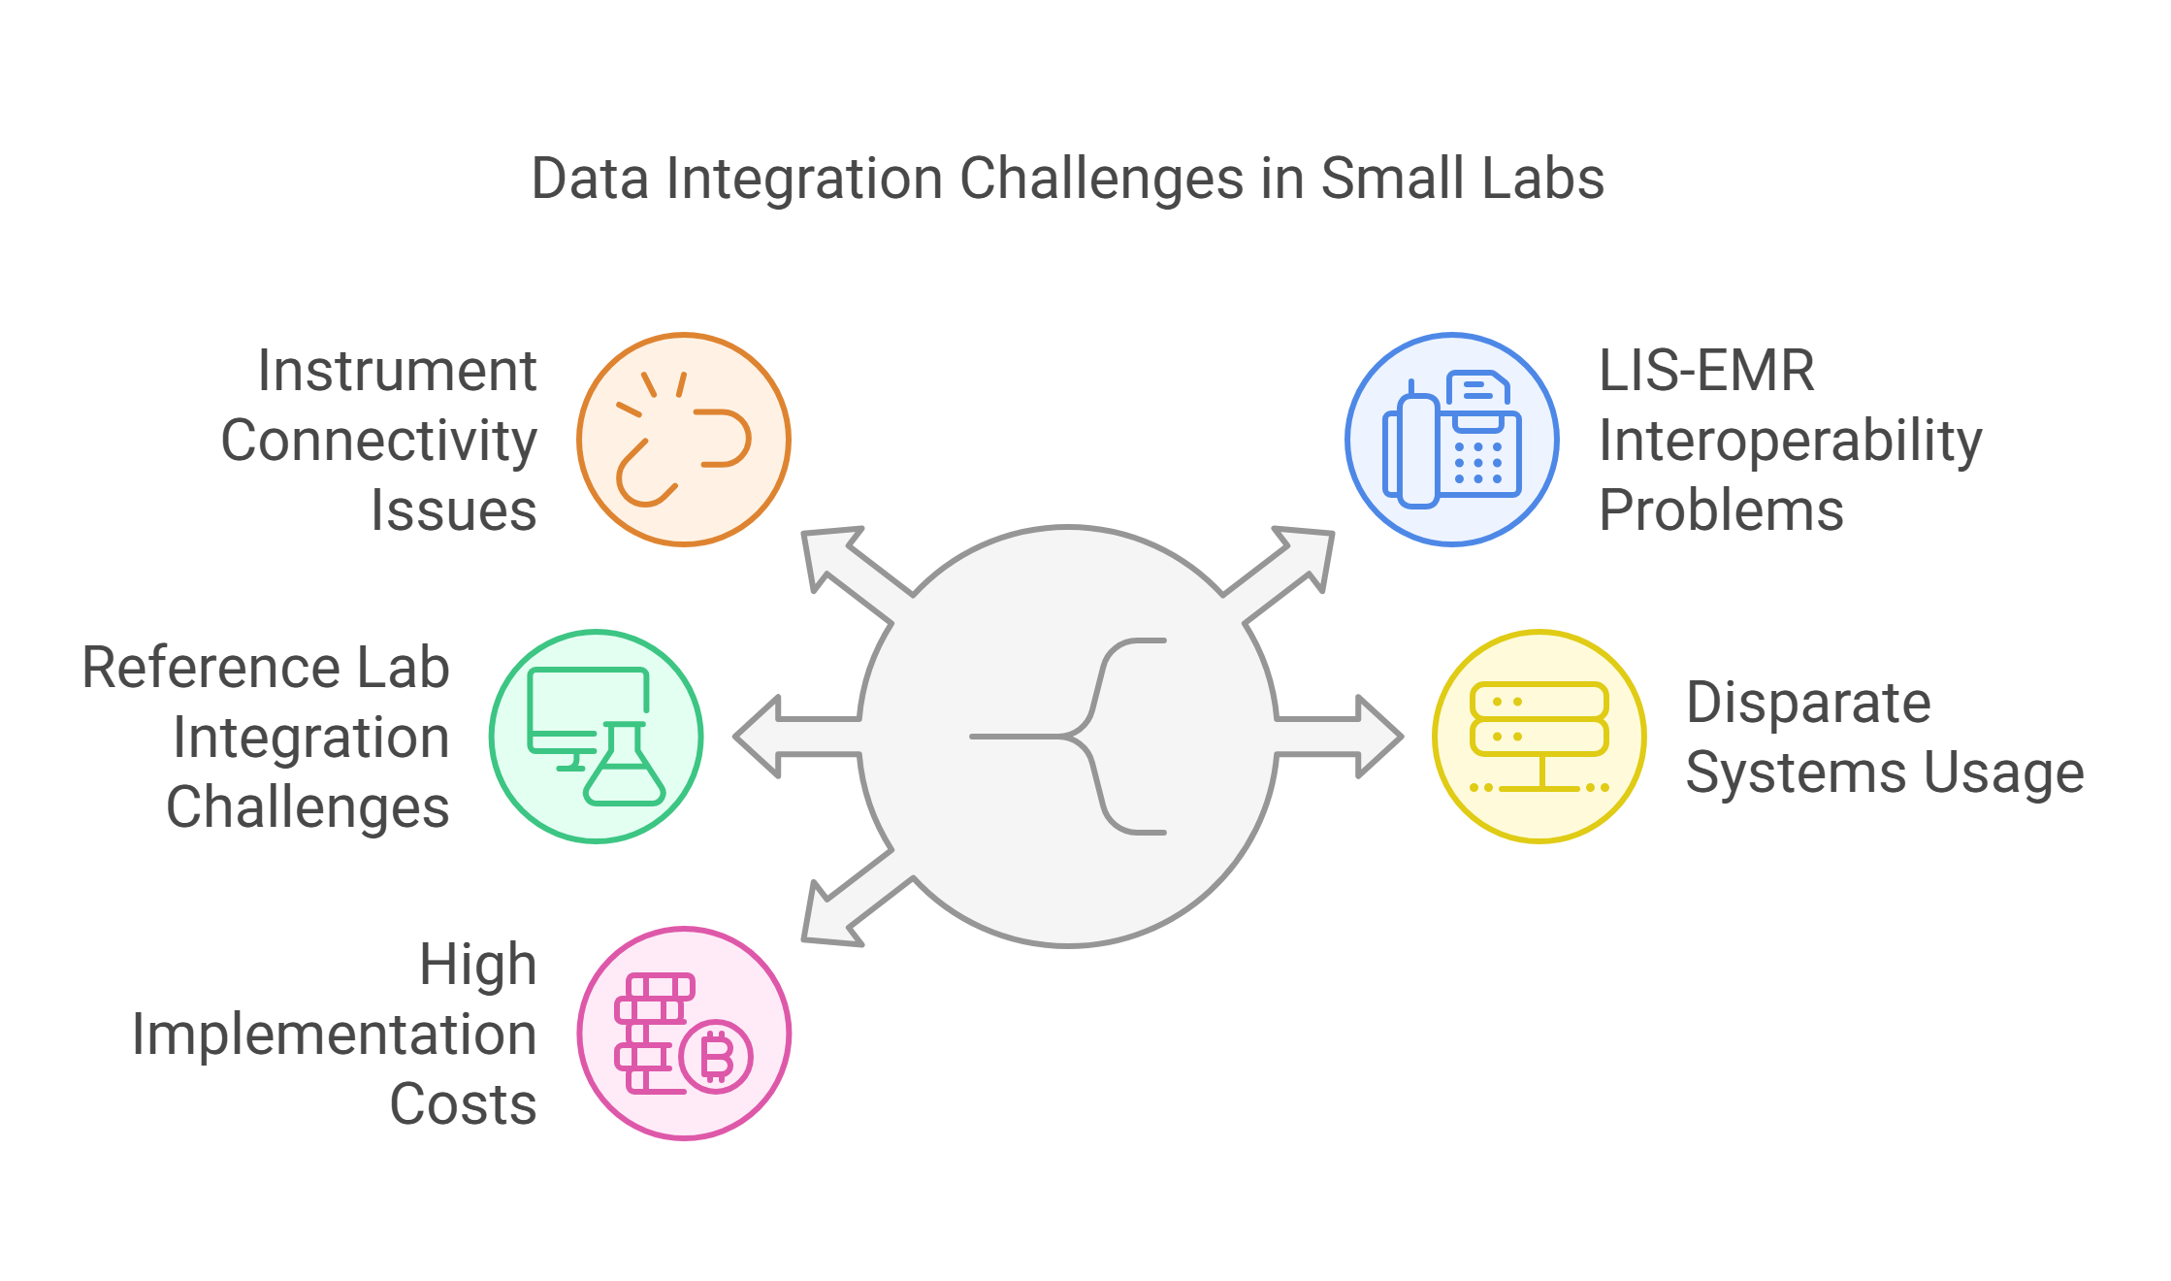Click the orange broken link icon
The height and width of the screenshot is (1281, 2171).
[x=684, y=440]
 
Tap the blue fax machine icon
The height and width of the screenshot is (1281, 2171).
[x=1452, y=440]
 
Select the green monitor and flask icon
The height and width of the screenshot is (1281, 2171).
[x=596, y=737]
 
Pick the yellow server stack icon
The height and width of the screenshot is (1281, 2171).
[x=1539, y=737]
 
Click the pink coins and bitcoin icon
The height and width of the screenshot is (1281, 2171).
[x=684, y=1034]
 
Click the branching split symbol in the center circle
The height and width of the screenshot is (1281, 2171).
[x=1077, y=737]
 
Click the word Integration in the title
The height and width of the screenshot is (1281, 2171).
[x=804, y=180]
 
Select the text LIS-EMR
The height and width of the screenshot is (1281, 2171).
[x=1706, y=371]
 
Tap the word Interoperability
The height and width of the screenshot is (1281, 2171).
[x=1790, y=442]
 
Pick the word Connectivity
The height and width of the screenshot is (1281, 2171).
[x=378, y=442]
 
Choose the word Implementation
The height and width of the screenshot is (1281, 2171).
[x=334, y=1035]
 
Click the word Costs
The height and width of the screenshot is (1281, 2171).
[x=463, y=1104]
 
